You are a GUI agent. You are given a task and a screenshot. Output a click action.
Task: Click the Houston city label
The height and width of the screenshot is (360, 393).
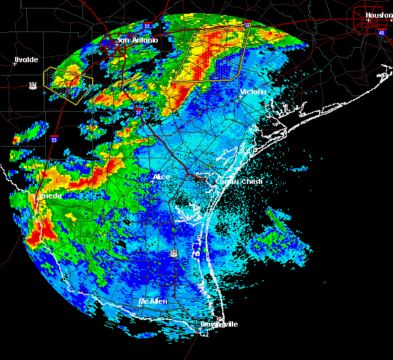379,14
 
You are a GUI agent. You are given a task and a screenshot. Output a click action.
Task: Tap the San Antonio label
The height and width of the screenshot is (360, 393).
138,41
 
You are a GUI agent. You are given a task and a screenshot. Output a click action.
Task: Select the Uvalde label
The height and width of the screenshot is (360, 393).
26,60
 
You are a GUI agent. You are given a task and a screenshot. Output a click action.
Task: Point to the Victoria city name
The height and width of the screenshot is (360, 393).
253,92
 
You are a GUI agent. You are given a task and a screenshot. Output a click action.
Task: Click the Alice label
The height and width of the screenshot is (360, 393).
161,177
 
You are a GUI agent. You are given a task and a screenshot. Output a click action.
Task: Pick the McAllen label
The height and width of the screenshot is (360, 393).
153,301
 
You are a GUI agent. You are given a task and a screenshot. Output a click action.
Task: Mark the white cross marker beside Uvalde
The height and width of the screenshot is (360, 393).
15,64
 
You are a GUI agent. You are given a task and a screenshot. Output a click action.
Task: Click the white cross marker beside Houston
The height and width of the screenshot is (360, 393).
369,20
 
